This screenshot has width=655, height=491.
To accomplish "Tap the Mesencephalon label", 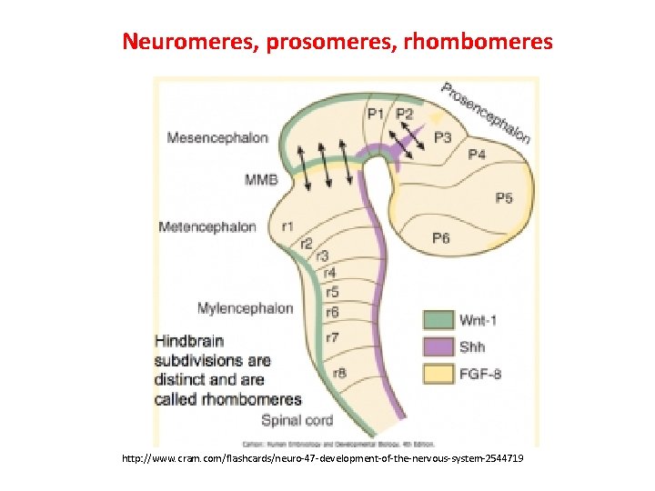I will point(217,137).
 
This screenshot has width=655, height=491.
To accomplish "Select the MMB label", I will point(261,180).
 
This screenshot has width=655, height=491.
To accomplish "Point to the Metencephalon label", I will point(207,226).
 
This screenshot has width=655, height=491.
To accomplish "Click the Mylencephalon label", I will point(245,307).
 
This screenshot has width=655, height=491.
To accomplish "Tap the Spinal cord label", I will point(297,420).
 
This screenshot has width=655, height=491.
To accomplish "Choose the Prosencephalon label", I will point(485,112).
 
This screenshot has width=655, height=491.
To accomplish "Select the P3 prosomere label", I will point(442,137).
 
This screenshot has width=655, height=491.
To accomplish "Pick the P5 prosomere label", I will point(503,198).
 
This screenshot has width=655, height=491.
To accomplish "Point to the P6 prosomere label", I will point(441,238).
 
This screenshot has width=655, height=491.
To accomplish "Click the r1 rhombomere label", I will point(287,226).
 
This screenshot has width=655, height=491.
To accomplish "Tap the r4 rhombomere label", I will point(329,273).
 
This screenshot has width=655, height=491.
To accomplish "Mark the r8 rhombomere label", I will point(339,372).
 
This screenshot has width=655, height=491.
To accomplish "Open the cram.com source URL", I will point(323,460).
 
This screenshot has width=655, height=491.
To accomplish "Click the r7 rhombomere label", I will point(333,338).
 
